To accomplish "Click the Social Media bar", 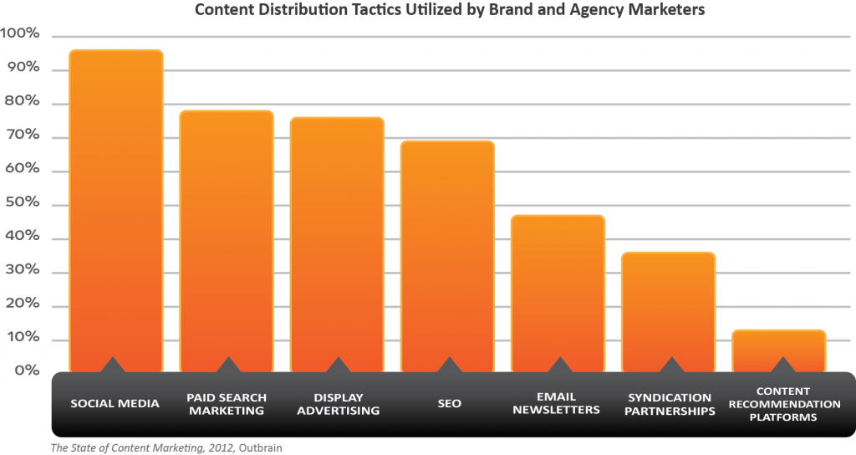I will [x=115, y=209].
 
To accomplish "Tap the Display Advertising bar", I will [x=337, y=243].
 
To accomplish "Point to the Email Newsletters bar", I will [x=558, y=293].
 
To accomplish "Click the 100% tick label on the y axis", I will [x=21, y=33].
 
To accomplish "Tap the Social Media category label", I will [x=115, y=403].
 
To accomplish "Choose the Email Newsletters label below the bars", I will [x=557, y=403].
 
